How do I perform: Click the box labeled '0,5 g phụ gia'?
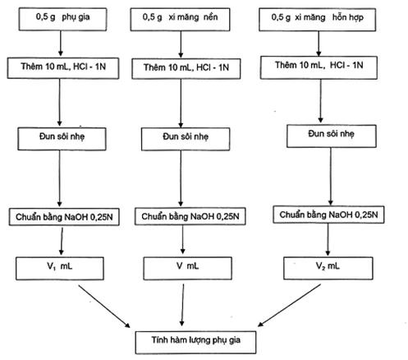(62, 19)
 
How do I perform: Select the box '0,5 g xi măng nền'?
(180, 20)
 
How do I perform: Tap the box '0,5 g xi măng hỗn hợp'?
(318, 20)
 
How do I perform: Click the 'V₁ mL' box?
(60, 268)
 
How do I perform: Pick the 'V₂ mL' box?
(328, 268)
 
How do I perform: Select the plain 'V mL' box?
(187, 268)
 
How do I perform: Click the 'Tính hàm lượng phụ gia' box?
(195, 342)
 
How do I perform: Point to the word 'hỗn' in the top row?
(339, 17)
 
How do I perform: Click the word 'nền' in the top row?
(210, 17)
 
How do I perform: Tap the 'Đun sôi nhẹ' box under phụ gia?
(62, 139)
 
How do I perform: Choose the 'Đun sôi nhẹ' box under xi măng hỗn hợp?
(332, 136)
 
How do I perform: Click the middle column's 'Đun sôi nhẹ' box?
(186, 139)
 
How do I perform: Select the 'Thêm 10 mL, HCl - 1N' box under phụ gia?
(63, 68)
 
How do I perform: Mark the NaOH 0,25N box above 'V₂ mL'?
(328, 215)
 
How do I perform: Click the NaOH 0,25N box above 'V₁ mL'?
(64, 217)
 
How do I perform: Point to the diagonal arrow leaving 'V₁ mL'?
(104, 307)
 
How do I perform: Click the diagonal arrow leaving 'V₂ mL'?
(289, 305)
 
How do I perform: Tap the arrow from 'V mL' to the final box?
(182, 305)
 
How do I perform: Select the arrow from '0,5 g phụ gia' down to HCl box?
(61, 44)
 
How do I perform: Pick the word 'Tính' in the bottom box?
(159, 340)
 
